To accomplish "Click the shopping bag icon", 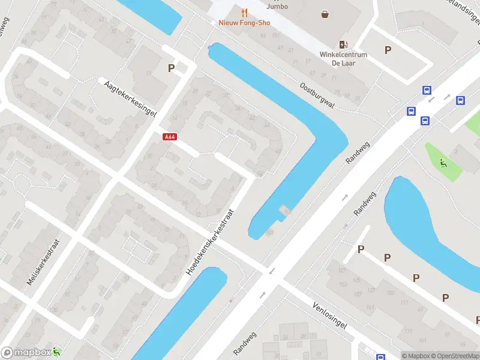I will coord(325,14).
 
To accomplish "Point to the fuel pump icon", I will coord(343,44).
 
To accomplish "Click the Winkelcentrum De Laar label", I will coord(343,58).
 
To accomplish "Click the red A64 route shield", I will coord(170,137).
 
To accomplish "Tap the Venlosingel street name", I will coord(329,315).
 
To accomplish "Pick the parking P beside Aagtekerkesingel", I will coord(171,68).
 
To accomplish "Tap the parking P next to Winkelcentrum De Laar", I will coord(388,50).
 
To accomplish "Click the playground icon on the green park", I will coord(443,162).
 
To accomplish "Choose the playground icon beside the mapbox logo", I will coord(56,352).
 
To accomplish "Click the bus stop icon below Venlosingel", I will coord(380,357).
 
